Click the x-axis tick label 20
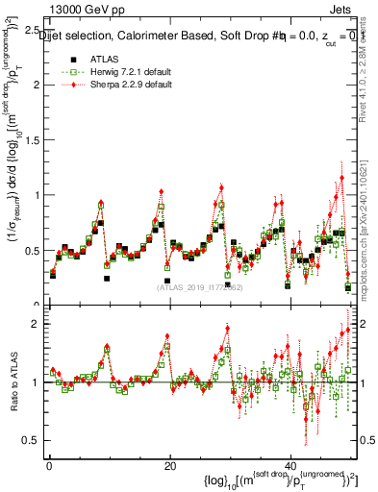[x=169, y=466]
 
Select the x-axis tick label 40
[x=290, y=466]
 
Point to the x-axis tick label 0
[x=49, y=466]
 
